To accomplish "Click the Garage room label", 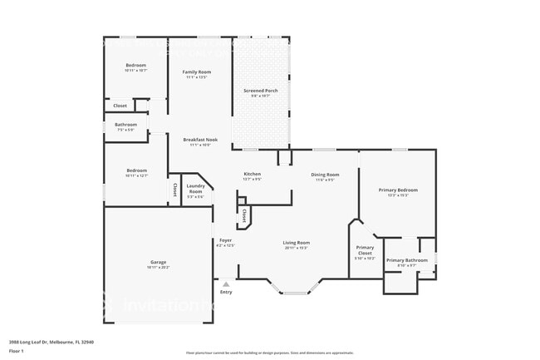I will point(157,263).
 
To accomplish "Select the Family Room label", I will point(197,72).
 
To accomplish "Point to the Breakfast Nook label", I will point(200,140).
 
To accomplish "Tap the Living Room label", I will point(296,243).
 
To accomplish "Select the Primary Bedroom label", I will point(398,190).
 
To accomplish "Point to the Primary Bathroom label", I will point(407,260).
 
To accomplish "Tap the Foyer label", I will point(225,240).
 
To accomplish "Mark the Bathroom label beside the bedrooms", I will point(125,125).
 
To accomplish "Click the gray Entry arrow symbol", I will point(225,284).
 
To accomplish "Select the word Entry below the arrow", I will point(226,293).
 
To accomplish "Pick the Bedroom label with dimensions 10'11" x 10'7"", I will point(135,66).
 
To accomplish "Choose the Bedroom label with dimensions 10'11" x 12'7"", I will point(136,170).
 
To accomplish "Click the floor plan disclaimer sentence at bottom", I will point(269,353).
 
